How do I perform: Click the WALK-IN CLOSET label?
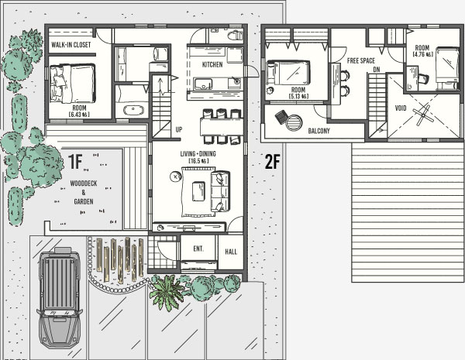click(x=71, y=45)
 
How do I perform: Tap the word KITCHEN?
click(x=212, y=64)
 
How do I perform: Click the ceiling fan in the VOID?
click(x=422, y=115)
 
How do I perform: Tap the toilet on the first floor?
click(x=235, y=36)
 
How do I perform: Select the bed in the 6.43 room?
click(x=72, y=84)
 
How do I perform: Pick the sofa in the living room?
click(x=220, y=191)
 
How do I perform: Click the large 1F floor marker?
click(x=75, y=162)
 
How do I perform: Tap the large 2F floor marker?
click(x=272, y=162)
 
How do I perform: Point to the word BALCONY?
click(x=319, y=131)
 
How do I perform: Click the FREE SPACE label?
click(x=361, y=60)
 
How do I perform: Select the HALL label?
click(x=231, y=252)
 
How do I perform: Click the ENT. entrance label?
click(x=198, y=249)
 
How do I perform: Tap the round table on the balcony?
click(x=294, y=122)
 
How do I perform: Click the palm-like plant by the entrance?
click(x=167, y=293)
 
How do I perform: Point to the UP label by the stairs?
click(x=179, y=129)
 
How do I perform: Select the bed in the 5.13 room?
click(x=288, y=73)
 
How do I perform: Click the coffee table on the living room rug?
click(x=198, y=191)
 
